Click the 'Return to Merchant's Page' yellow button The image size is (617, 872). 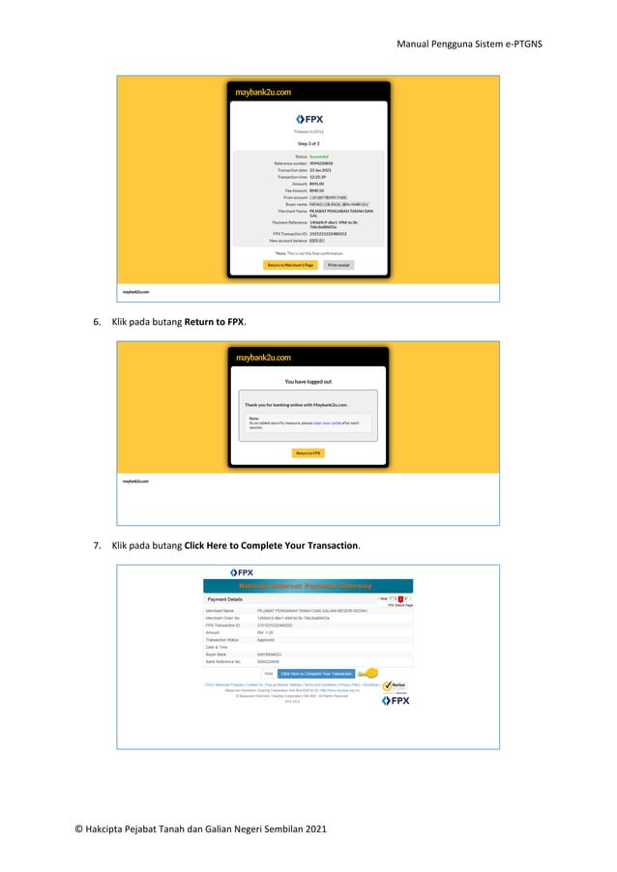[x=290, y=264]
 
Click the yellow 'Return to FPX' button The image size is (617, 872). [x=308, y=452]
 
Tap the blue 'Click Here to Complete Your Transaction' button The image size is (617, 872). [x=315, y=673]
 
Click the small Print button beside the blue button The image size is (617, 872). [x=268, y=673]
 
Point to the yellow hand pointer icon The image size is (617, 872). [x=367, y=673]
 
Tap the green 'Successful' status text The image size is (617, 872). [x=318, y=156]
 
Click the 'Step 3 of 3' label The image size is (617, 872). [x=308, y=143]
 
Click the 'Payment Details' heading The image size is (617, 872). [x=225, y=599]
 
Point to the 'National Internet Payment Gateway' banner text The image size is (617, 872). [x=308, y=586]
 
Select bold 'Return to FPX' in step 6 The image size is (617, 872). [x=214, y=321]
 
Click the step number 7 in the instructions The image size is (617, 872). [x=97, y=545]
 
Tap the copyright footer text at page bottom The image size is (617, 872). [x=200, y=828]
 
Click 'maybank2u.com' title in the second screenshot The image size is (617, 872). [x=262, y=357]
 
